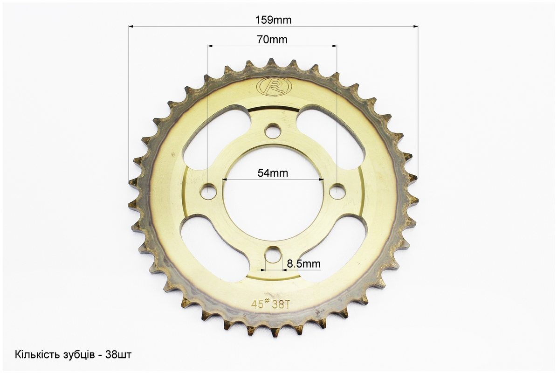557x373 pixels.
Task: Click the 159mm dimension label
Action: click(x=273, y=20)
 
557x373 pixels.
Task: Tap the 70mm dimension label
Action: click(x=272, y=39)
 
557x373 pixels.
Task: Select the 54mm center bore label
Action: click(x=273, y=173)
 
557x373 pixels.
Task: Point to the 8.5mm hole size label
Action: click(x=304, y=263)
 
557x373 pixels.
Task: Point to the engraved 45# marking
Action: click(x=260, y=303)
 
